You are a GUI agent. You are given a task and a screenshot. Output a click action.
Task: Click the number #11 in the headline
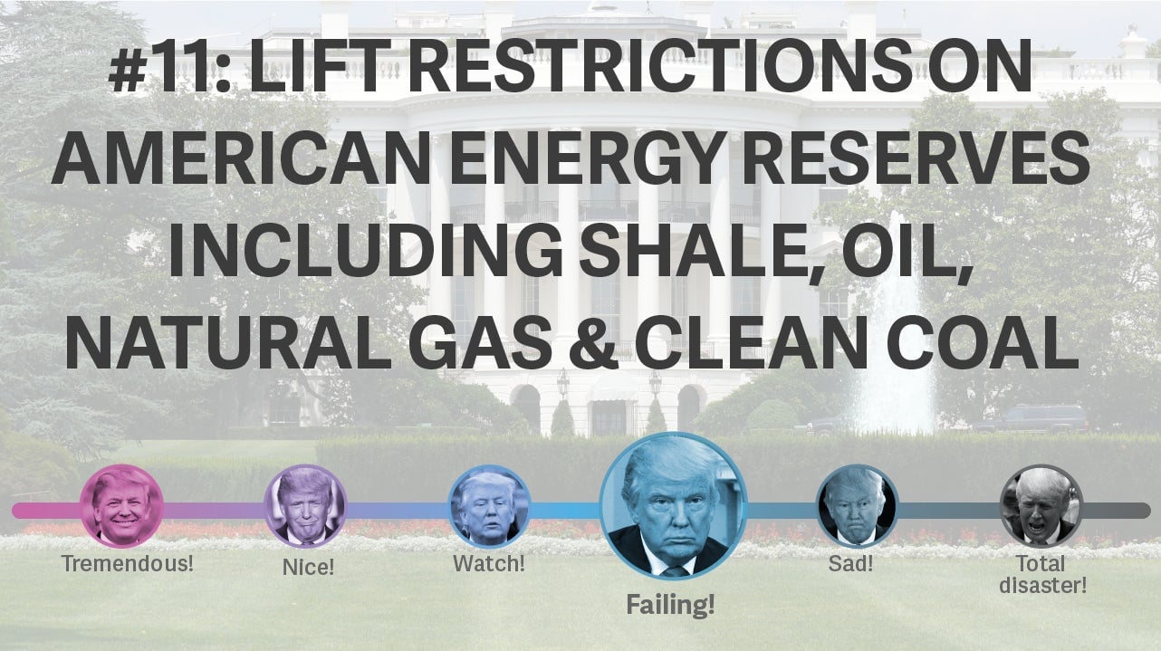tap(169, 65)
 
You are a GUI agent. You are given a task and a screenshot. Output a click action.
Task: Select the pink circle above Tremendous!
tap(121, 506)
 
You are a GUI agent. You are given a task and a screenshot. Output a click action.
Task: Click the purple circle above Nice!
tap(305, 506)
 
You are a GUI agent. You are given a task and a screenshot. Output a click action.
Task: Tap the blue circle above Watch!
tap(489, 506)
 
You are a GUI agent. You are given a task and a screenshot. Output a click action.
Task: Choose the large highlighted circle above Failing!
tap(673, 506)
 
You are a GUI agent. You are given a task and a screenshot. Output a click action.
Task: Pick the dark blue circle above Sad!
tap(856, 506)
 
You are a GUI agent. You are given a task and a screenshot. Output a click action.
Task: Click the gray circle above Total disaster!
tap(1041, 506)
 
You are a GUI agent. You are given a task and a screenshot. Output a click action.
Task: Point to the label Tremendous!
tap(128, 563)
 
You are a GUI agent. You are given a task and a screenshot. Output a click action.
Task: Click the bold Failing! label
tap(671, 605)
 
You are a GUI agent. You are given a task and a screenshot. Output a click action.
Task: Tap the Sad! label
tap(850, 563)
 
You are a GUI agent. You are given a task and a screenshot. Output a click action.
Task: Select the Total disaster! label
tap(1042, 574)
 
